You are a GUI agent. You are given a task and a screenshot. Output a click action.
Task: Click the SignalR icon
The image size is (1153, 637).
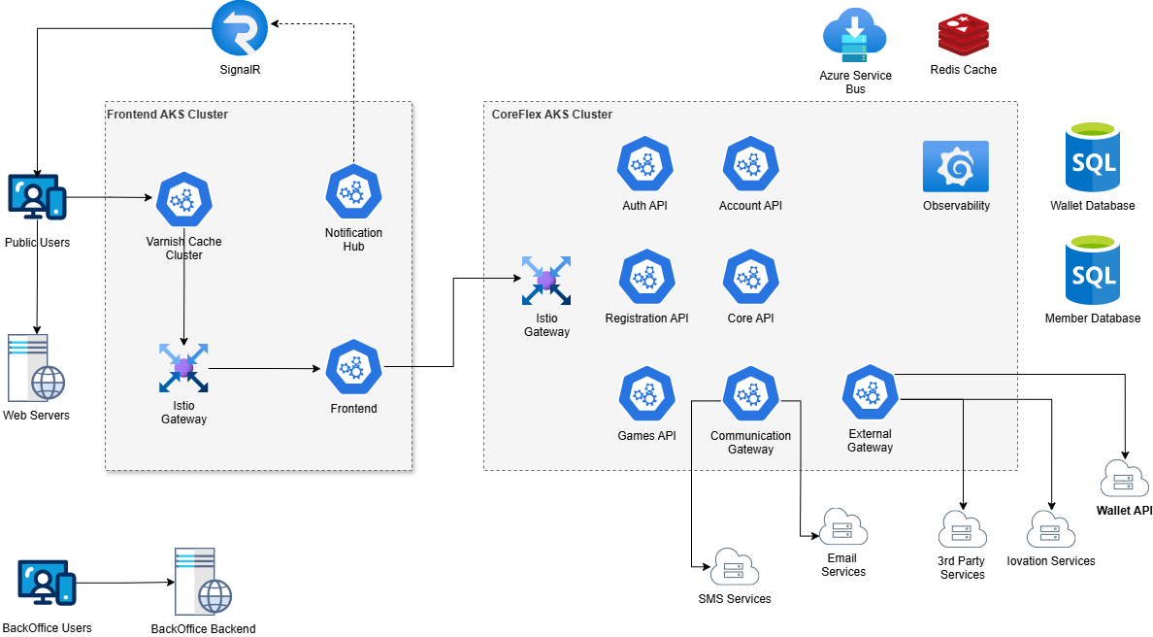pos(240,29)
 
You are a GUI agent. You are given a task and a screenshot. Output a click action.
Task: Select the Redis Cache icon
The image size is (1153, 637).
pos(963,35)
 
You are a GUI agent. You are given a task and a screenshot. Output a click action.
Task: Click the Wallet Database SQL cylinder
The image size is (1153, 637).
pos(1093,158)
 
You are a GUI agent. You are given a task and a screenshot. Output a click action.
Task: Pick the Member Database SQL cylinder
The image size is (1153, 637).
pos(1093,271)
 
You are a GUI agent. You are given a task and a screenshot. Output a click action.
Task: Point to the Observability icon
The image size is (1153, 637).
pos(956,166)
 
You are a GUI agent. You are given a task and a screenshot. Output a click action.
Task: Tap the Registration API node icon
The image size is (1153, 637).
pos(646,277)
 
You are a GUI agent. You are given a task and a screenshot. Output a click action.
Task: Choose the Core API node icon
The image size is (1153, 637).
pos(751,277)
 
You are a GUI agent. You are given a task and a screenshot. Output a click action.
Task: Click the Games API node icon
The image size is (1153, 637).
pos(646,393)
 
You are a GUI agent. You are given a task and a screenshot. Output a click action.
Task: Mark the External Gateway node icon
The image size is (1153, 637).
pos(871,391)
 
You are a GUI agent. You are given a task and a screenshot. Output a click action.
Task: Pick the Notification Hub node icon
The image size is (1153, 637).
pos(353,192)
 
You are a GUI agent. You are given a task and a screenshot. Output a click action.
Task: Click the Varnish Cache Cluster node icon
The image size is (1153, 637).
pos(183,200)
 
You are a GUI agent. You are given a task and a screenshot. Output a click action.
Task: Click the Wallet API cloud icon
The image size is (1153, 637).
pos(1125,480)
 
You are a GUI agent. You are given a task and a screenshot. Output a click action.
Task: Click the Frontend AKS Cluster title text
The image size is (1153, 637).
pos(168,115)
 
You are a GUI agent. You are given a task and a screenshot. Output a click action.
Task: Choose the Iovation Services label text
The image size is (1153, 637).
pos(1051,561)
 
